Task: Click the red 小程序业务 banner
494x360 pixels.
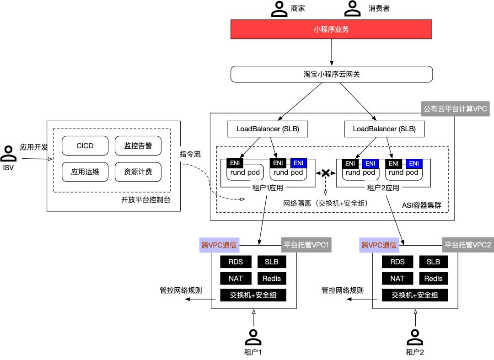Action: point(332,30)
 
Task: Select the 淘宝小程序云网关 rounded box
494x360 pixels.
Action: point(332,74)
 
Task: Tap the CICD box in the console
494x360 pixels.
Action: point(85,145)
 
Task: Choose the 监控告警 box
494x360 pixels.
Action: point(138,145)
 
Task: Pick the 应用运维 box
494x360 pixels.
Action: point(85,172)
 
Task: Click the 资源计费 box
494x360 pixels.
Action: point(138,172)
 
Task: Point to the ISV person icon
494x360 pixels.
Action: point(8,153)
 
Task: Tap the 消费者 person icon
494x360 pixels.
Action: point(352,9)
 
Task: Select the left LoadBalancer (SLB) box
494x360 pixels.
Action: point(268,129)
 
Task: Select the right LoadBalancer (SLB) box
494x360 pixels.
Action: point(384,129)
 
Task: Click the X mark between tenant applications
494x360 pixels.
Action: point(325,173)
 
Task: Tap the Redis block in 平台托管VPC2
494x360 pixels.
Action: point(433,278)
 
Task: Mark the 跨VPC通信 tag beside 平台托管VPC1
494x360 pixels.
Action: point(219,245)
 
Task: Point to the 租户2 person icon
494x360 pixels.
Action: point(414,338)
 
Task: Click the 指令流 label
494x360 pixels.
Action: point(190,154)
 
